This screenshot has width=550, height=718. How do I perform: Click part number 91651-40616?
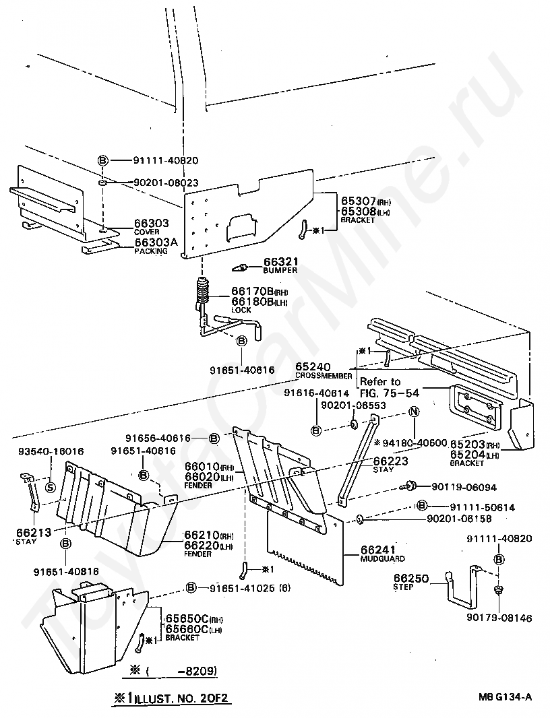click(241, 370)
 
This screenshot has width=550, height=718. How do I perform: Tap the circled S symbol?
click(49, 488)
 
